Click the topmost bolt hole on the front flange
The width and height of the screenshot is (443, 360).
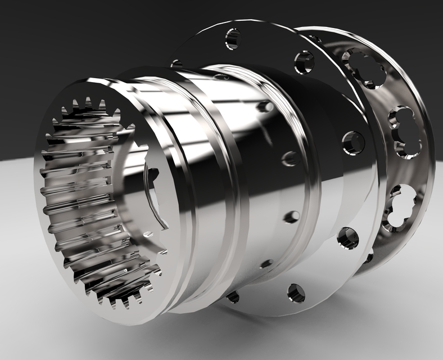coord(233,39)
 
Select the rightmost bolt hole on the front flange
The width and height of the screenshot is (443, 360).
coord(353,143)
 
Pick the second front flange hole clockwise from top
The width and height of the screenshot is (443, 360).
coord(304,62)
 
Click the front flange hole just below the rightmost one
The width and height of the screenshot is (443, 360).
coord(348,237)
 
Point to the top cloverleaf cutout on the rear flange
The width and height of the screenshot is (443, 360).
coord(364,67)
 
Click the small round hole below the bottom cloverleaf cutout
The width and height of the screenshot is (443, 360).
coord(369,258)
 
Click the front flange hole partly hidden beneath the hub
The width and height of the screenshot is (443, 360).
coord(232,296)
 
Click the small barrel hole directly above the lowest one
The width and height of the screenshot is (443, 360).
coord(291,217)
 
